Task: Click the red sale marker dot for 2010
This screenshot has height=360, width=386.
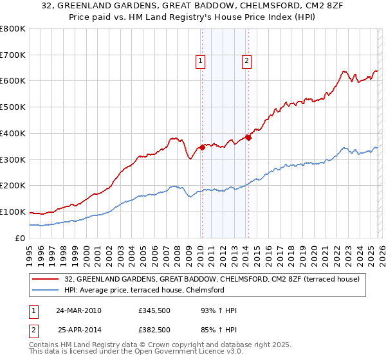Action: click(x=202, y=147)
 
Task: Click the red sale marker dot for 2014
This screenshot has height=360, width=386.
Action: click(x=248, y=137)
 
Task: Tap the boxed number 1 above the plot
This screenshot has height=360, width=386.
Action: click(x=201, y=61)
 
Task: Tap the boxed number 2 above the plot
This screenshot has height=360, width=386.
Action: click(x=246, y=61)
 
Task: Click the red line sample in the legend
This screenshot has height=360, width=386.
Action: click(x=46, y=279)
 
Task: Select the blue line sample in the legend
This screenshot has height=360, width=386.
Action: click(x=46, y=290)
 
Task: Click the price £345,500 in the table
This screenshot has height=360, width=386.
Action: click(x=153, y=310)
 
